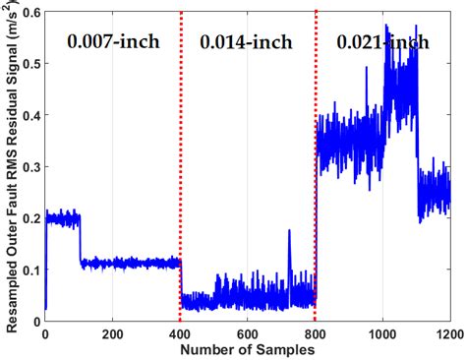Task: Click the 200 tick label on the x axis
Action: click(x=112, y=333)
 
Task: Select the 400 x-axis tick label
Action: click(x=180, y=333)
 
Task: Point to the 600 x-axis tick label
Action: click(x=248, y=333)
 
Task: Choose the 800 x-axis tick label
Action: click(x=315, y=333)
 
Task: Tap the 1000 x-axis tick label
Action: click(x=381, y=333)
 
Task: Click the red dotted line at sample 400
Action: click(x=181, y=148)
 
